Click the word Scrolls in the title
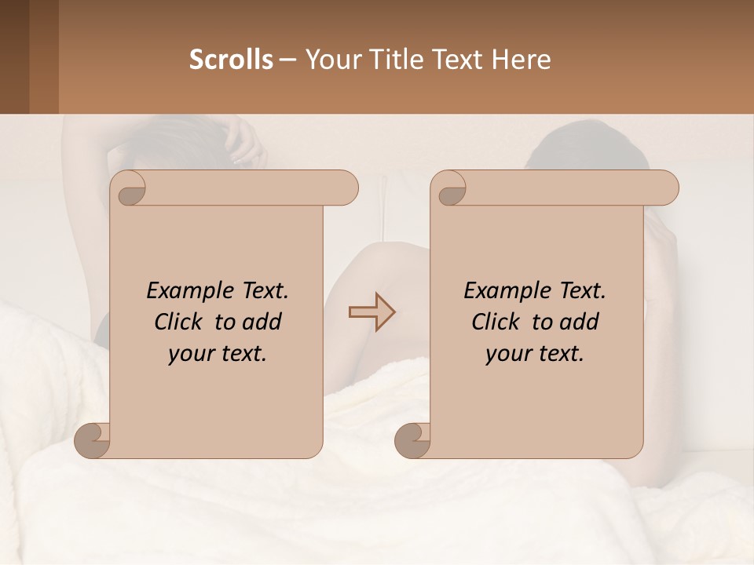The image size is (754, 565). tap(231, 60)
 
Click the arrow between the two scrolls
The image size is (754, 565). tap(372, 312)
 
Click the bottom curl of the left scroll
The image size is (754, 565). tap(91, 439)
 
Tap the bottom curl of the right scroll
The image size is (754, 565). tap(412, 439)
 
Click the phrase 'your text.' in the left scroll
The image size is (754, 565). tap(218, 354)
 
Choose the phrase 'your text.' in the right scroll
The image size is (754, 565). tap(535, 354)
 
